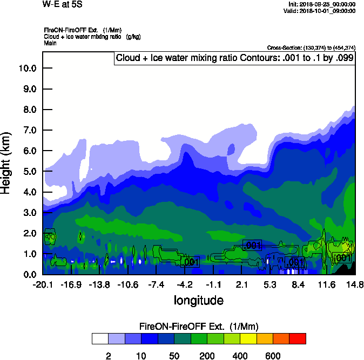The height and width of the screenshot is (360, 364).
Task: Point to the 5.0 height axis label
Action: point(29,171)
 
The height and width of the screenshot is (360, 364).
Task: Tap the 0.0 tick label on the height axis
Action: point(29,274)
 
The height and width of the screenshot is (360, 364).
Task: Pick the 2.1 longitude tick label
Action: point(241,284)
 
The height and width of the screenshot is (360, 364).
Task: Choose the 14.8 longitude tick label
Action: point(354,284)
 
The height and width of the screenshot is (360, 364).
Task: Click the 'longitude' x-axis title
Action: point(198,300)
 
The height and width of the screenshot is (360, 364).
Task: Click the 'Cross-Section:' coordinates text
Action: point(311,48)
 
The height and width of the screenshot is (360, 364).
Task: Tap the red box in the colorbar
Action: point(298,338)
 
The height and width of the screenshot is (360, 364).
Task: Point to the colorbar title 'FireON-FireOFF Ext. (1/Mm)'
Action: point(199,326)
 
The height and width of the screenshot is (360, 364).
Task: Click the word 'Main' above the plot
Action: point(51,43)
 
